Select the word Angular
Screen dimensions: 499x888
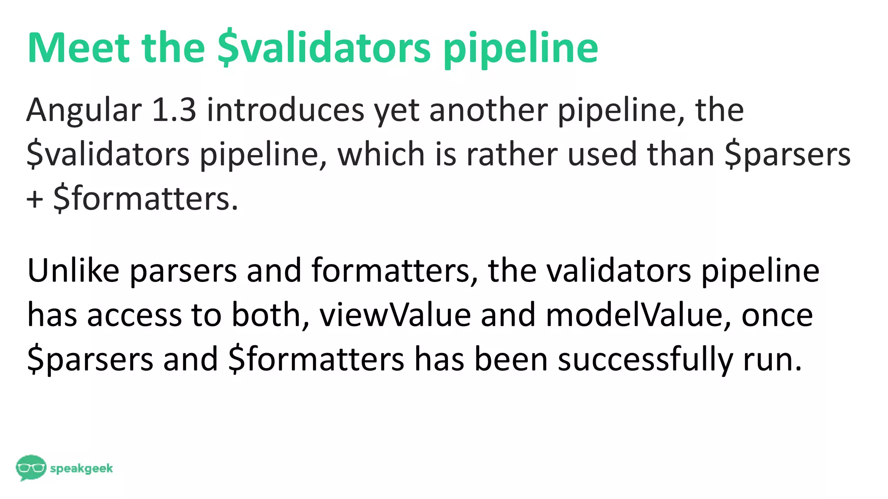point(84,110)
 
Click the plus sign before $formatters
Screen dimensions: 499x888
point(35,200)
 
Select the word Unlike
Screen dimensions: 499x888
point(73,270)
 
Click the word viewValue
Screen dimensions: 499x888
point(395,315)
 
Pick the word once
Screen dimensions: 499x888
point(777,315)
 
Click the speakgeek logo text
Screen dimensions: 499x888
point(82,469)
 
